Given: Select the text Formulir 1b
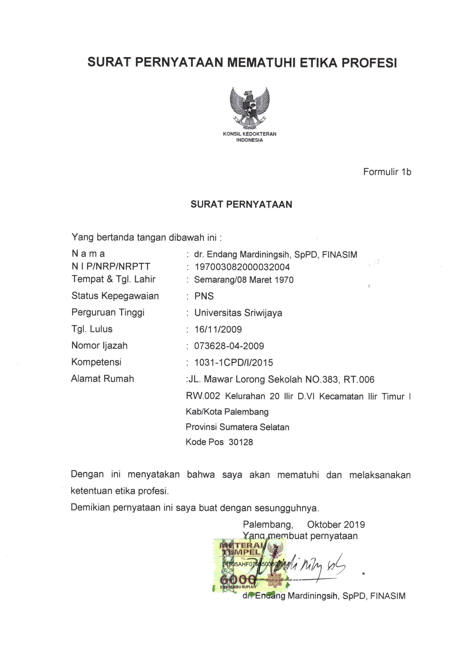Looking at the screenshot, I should (x=387, y=172).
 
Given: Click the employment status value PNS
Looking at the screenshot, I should (x=204, y=296).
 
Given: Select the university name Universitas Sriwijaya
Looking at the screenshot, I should (x=238, y=313).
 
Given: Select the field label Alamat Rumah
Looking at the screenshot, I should (x=102, y=379).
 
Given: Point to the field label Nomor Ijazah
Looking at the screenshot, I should (x=100, y=346).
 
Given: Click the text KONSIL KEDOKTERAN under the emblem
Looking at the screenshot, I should (x=249, y=134).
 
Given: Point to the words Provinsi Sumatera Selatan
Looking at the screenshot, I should (x=237, y=427).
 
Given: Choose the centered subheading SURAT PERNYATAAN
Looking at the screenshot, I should (x=241, y=204).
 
